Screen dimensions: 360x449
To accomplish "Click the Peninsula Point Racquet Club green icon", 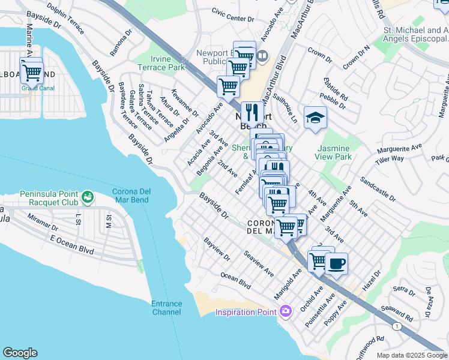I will pos(88,196).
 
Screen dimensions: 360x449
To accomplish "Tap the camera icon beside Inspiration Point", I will pos(285,311).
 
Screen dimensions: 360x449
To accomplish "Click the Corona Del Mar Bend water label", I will pos(136,196).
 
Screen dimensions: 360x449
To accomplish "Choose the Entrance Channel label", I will pos(166,308).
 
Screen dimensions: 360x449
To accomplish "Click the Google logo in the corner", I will pos(20,353).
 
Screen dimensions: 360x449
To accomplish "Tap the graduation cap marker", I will pos(315,118).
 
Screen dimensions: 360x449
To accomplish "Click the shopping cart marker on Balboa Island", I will pos(31,71).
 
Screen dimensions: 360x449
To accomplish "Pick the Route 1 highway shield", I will pos(397,326).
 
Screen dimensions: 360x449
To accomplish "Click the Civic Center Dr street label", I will pos(233,14).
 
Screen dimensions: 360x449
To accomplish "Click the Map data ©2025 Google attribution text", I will pos(411,355).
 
